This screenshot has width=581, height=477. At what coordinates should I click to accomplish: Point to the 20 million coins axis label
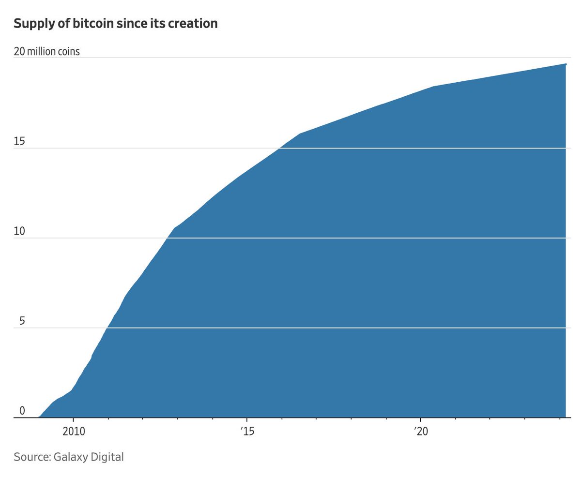(46, 51)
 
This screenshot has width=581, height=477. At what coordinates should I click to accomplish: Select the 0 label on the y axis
(22, 411)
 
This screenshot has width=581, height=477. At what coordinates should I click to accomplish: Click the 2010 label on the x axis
(74, 431)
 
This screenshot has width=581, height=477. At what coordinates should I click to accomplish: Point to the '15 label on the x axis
(247, 431)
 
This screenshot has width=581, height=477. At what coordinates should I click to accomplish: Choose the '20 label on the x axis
(420, 431)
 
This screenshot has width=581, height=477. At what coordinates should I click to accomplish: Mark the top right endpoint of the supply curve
(566, 64)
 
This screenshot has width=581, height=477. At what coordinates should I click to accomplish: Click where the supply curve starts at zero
(39, 417)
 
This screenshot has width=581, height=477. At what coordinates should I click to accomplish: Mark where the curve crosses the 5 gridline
(107, 328)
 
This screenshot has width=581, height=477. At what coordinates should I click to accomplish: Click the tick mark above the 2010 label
(74, 420)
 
